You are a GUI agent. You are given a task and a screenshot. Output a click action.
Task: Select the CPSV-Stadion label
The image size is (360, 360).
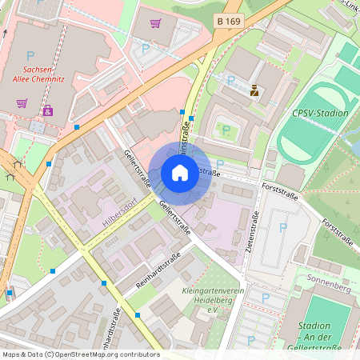click(x=321, y=113)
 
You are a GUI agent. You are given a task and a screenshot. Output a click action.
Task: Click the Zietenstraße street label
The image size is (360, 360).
click(x=255, y=224)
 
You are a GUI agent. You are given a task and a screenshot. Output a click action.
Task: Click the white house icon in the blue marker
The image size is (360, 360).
click(x=180, y=172)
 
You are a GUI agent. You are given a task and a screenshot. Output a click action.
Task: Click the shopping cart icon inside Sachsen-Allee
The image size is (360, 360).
click(x=22, y=102)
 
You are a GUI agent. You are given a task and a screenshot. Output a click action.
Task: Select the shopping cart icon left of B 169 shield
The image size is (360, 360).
click(x=155, y=23)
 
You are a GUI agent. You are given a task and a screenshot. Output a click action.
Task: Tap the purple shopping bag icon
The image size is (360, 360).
click(x=48, y=110)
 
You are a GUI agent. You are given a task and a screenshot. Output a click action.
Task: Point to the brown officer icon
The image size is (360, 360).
click(x=254, y=90)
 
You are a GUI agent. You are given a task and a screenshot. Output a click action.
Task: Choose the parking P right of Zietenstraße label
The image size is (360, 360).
click(x=282, y=228)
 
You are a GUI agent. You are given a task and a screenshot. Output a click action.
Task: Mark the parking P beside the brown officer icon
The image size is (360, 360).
click(x=231, y=80)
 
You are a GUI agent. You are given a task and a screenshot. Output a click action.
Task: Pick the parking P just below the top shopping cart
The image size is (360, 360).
click(x=146, y=48)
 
